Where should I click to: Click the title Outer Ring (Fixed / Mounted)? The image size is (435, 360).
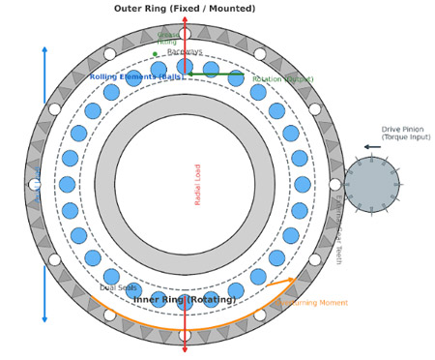(185, 9)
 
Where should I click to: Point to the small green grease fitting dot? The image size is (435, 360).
(155, 54)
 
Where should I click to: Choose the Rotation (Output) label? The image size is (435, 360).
(282, 79)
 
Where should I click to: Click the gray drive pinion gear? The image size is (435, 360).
(371, 185)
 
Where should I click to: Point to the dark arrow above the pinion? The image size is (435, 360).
(372, 147)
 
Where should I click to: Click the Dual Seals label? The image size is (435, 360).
(118, 287)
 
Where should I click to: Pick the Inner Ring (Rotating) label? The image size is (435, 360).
(185, 300)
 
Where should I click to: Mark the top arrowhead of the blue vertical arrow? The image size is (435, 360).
(44, 49)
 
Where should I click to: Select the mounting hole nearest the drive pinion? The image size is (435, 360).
(334, 185)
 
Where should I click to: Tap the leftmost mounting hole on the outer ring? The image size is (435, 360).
(35, 185)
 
